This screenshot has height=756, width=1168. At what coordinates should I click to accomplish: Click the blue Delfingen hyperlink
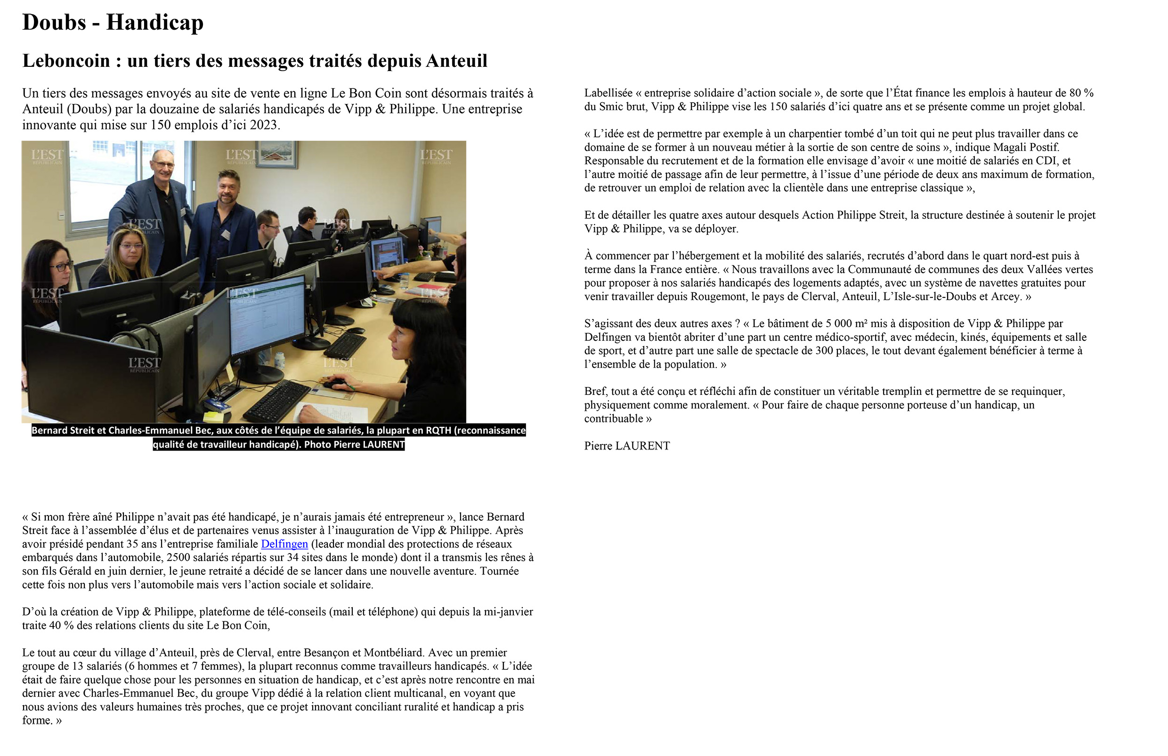click(284, 544)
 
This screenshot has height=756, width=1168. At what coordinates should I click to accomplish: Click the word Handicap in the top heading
click(154, 23)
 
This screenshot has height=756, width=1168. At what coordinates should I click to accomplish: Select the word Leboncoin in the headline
click(66, 61)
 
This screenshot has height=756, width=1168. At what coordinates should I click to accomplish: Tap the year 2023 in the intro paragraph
click(264, 125)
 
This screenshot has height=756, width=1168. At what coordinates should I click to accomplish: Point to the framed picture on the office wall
click(276, 153)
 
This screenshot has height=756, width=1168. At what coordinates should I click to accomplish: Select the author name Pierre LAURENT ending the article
click(627, 445)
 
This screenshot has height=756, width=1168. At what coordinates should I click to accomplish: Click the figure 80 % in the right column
click(1082, 93)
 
